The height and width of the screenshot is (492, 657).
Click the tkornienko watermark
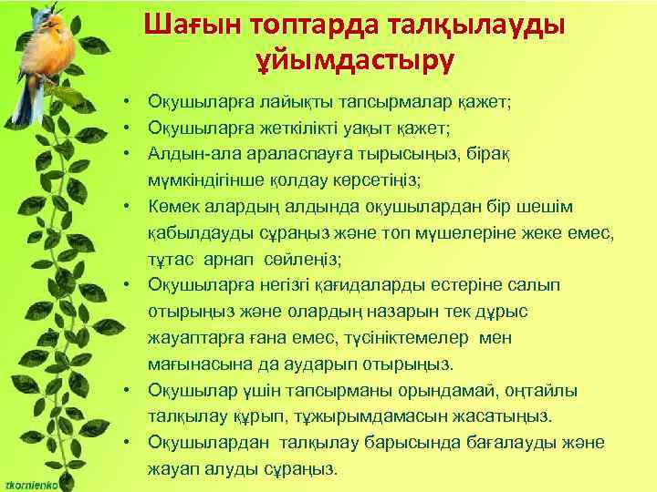pyautogui.click(x=31, y=484)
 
